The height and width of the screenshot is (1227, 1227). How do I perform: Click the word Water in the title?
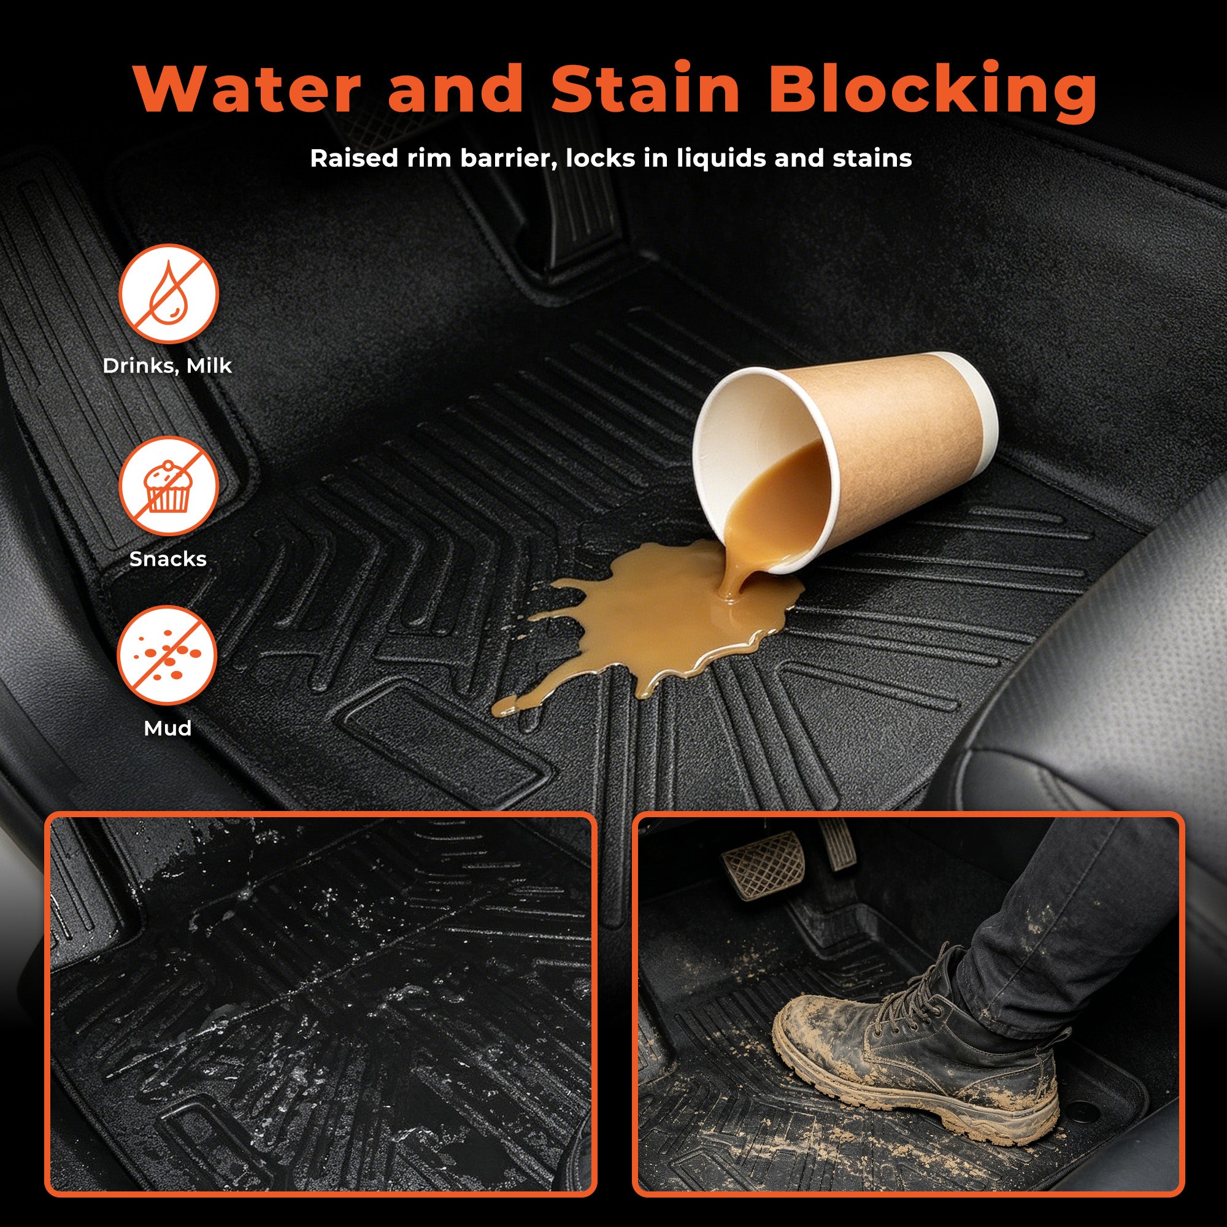tap(247, 88)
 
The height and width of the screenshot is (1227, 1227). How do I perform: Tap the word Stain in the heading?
tap(645, 88)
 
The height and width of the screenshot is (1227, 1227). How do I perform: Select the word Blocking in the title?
tap(933, 93)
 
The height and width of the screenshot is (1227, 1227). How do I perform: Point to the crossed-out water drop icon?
tap(168, 293)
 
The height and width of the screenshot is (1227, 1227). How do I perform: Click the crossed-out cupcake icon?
tap(168, 486)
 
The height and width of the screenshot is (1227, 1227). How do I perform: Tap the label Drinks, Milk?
tap(167, 366)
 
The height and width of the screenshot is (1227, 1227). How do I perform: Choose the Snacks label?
tap(167, 559)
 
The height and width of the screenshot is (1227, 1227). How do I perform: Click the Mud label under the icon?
tap(167, 728)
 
